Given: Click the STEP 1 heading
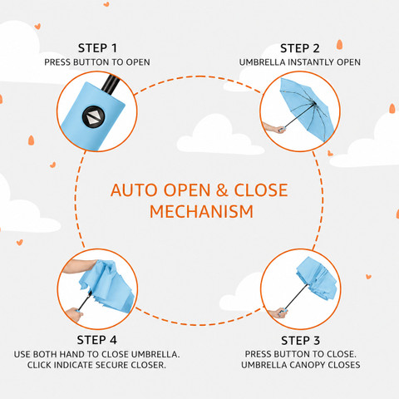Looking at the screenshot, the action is coord(97,48).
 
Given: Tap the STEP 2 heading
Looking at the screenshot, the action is coord(300,48).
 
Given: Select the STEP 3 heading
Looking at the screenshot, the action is coord(300,341).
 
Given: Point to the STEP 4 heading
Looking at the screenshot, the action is coord(97,340).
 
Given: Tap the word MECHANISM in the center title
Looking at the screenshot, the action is coord(201,212).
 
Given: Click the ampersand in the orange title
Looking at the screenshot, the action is coord(222,190).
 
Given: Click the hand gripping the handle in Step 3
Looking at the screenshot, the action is coord(278,313).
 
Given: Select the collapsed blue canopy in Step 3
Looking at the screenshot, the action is coord(317,278).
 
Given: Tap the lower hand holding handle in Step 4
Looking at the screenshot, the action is coord(74,315).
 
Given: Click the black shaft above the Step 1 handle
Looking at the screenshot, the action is coord(111,84).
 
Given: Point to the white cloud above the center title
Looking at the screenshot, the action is coord(219,135).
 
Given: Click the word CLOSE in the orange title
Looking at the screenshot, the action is coord(261,190).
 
